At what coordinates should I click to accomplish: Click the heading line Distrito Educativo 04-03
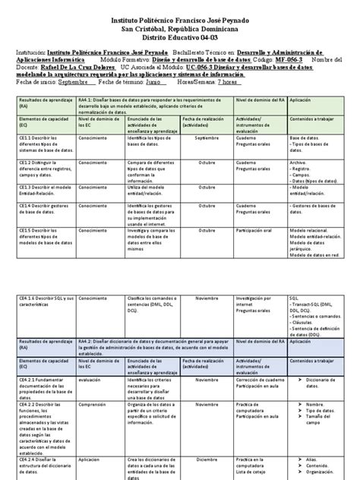180,36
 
